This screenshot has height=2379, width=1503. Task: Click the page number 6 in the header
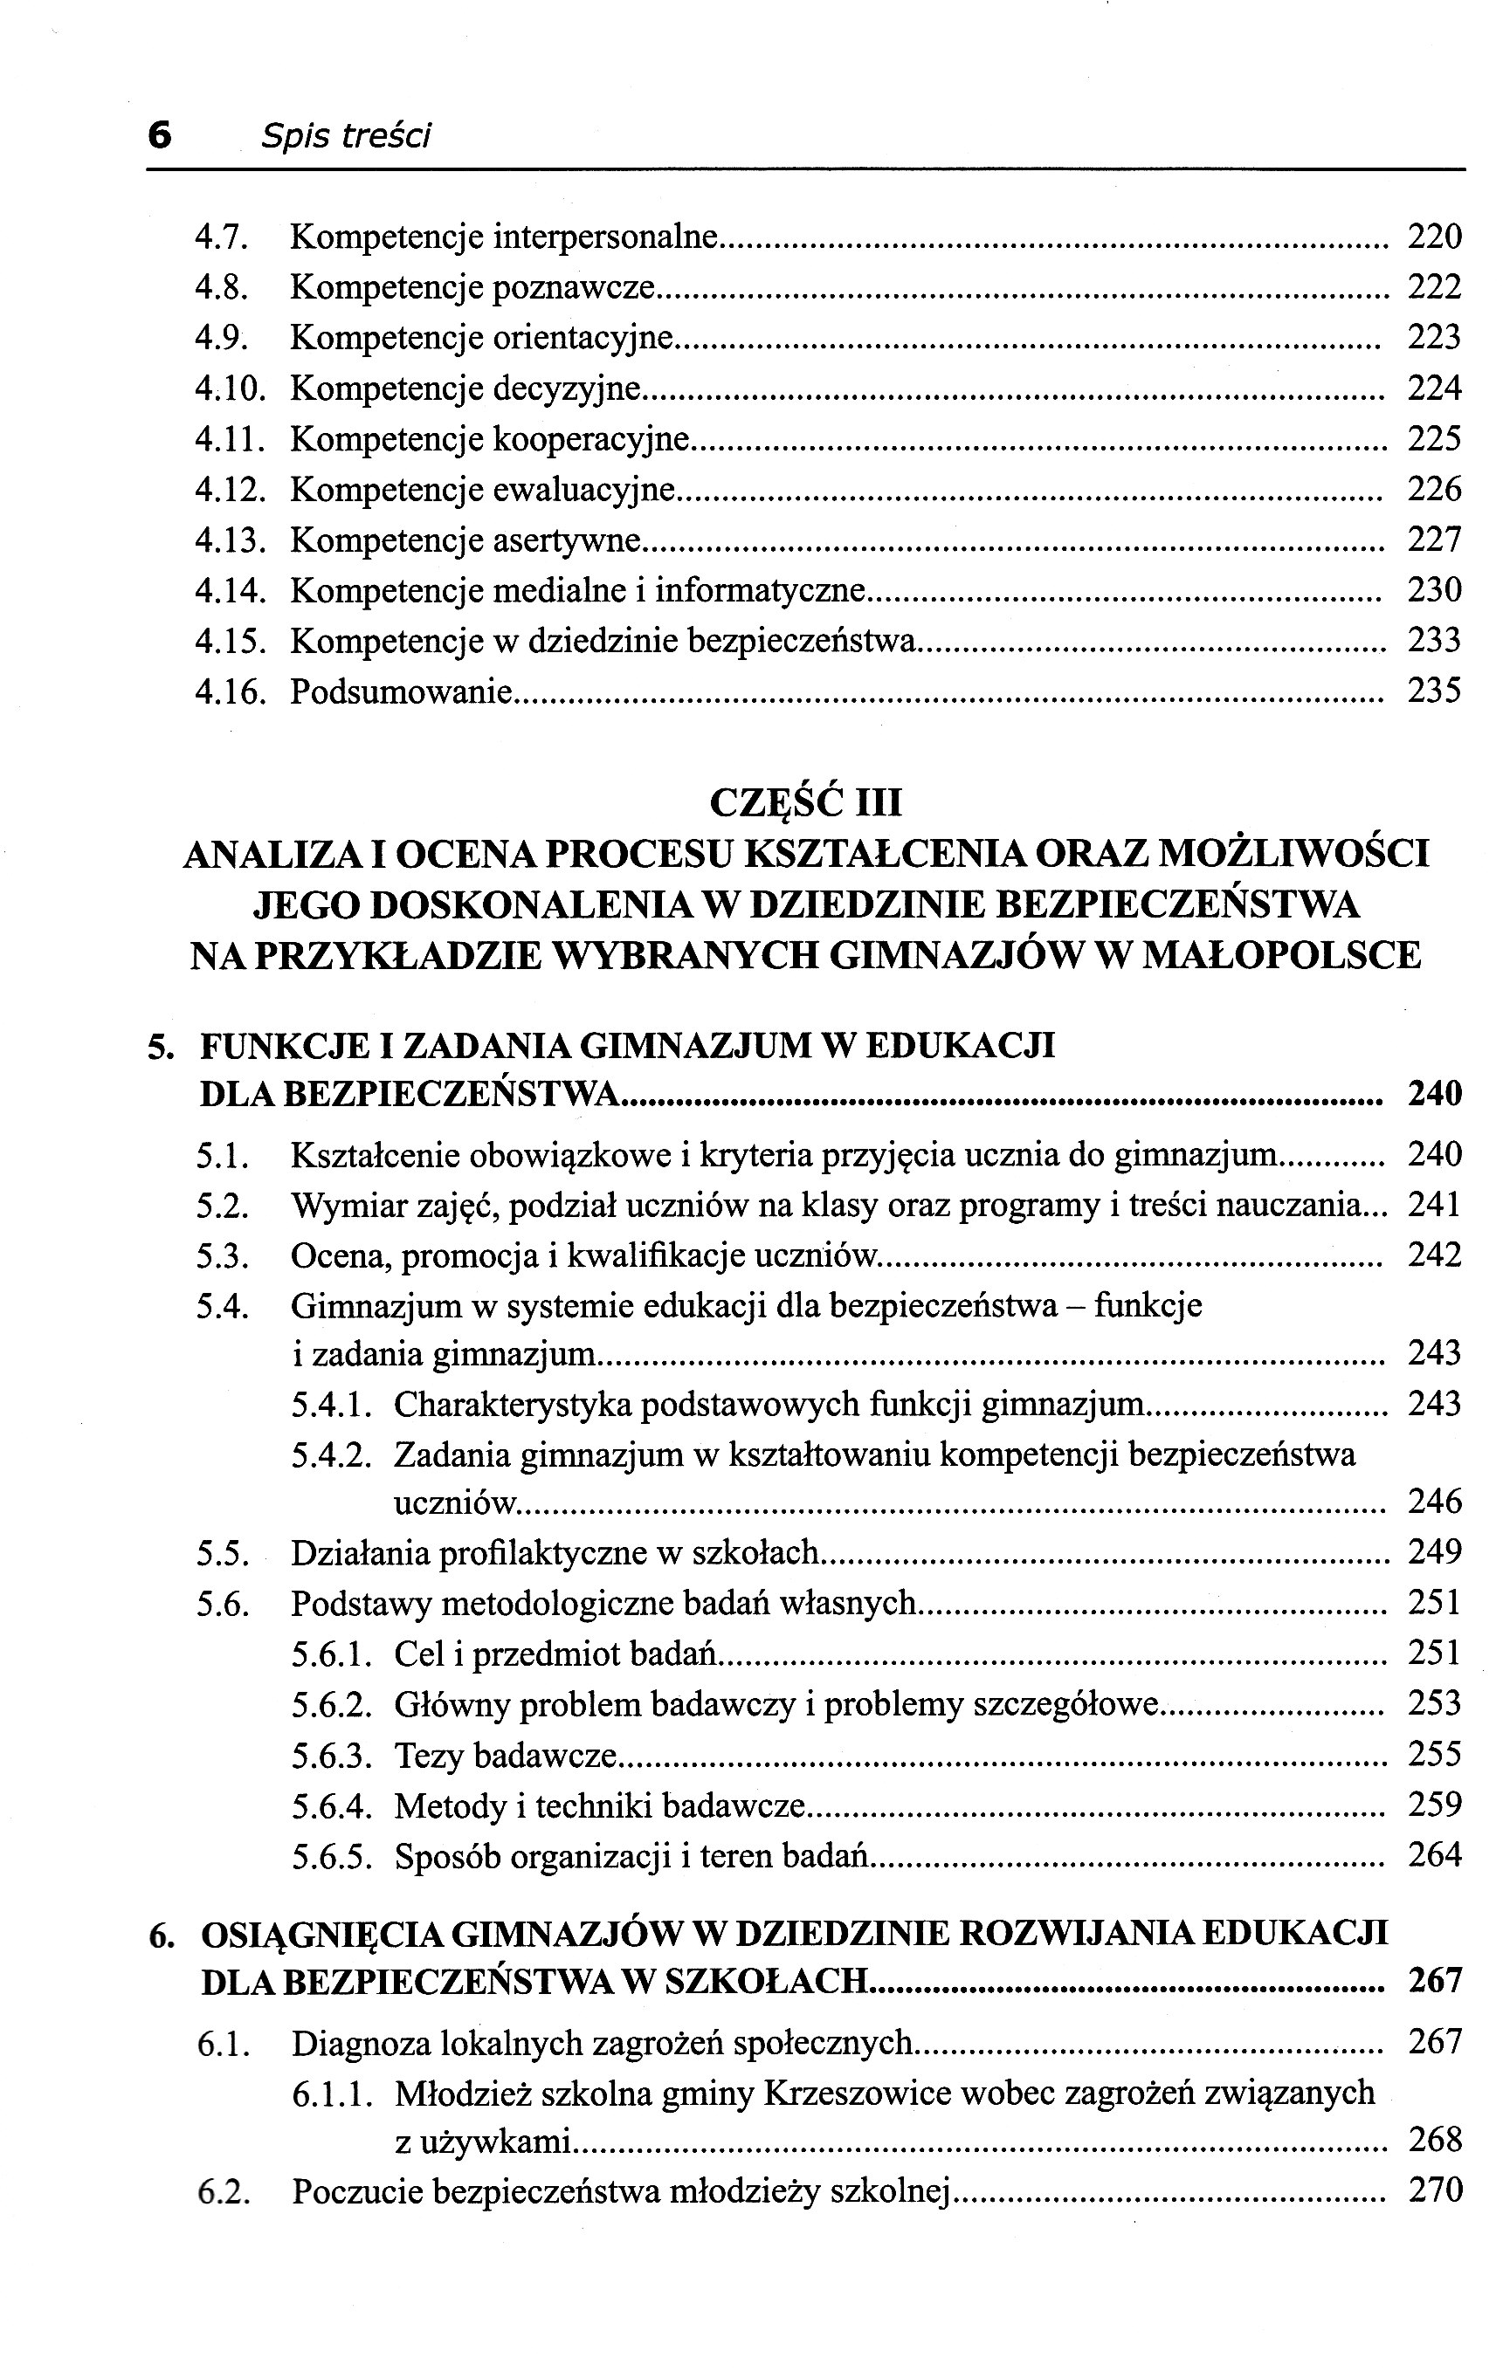[159, 134]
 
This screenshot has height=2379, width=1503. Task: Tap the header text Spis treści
[346, 135]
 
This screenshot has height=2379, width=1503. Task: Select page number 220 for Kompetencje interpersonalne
[1434, 237]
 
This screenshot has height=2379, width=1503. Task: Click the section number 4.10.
[231, 389]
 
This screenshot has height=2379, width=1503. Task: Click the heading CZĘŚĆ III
[805, 802]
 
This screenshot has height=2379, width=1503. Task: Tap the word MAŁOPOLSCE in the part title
[1280, 955]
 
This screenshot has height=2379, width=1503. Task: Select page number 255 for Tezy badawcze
[1434, 1755]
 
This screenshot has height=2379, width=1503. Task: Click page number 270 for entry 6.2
[1434, 2190]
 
